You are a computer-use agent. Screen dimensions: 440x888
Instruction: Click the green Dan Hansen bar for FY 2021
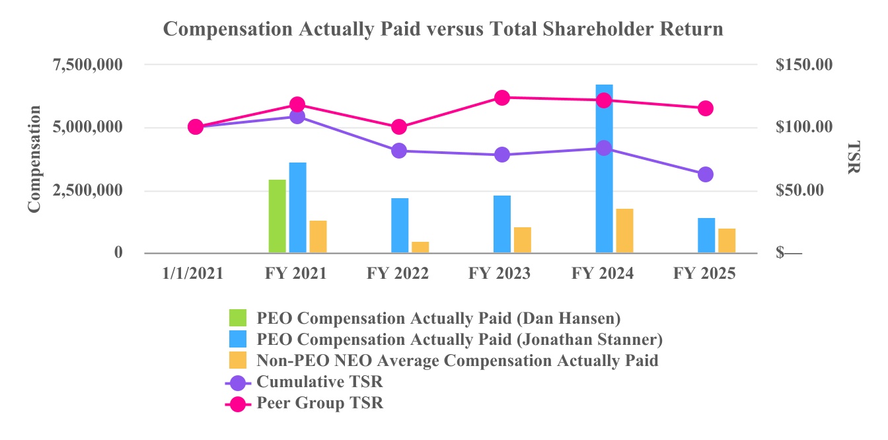(x=277, y=216)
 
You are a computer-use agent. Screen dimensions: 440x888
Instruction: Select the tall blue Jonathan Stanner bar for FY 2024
(x=604, y=168)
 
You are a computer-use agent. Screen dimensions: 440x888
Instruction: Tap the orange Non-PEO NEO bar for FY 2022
(x=420, y=247)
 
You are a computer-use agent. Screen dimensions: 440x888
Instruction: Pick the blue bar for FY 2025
(x=706, y=235)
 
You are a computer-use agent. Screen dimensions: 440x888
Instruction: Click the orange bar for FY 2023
(x=523, y=240)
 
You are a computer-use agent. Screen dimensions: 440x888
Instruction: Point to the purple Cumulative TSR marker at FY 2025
(x=706, y=174)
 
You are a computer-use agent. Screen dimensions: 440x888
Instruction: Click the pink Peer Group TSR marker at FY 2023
(x=501, y=98)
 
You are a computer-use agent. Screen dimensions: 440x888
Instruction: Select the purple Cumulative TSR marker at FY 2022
(x=399, y=151)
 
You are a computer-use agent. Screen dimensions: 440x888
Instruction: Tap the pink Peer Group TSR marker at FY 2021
(x=297, y=104)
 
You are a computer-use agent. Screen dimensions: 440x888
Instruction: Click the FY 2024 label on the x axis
(x=603, y=274)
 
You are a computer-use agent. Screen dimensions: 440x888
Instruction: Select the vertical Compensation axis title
(x=34, y=159)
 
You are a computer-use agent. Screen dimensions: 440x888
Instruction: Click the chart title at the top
(x=443, y=30)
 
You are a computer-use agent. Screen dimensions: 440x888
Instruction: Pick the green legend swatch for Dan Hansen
(x=237, y=318)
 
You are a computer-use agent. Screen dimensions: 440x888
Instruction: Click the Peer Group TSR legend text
(x=320, y=403)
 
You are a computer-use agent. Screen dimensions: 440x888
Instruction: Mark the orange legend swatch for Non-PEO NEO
(x=237, y=360)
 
